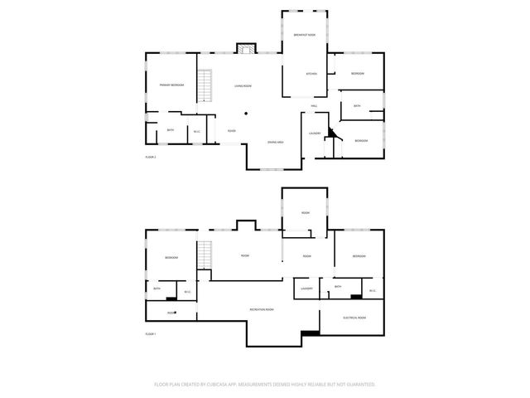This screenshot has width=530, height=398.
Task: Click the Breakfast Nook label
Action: coord(304,35)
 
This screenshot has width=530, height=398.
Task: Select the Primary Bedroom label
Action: coord(171,85)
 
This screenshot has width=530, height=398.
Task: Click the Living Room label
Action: coord(243,86)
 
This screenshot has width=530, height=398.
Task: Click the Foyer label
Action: coord(232,131)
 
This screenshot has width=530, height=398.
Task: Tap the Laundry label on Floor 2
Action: coord(315,133)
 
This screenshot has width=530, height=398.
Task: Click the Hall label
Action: coord(315,106)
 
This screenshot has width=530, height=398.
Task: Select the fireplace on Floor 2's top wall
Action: coord(244,48)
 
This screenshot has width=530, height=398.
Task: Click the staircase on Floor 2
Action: coord(208,85)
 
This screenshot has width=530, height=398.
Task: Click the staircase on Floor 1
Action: coord(205,255)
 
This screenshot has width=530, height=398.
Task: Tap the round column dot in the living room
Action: coord(246,114)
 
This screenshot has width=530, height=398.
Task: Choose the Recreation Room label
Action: coord(262,309)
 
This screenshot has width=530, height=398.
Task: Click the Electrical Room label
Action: coord(354,318)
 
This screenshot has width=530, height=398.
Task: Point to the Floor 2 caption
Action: coord(151,157)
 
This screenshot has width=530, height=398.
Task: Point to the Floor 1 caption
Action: coord(151,334)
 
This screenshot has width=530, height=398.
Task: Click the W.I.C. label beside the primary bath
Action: coord(197,131)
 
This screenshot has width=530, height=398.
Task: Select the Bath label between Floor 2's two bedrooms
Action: coord(357,106)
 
